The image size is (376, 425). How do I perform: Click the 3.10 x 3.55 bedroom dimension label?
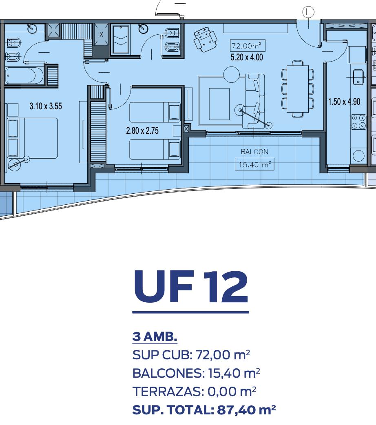click(x=46, y=106)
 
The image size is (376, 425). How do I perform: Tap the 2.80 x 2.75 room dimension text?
click(x=142, y=131)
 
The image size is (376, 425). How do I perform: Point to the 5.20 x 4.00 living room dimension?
click(x=247, y=57)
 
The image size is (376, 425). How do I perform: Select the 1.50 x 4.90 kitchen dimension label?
click(x=344, y=102)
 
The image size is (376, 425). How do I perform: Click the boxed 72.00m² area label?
click(x=248, y=46)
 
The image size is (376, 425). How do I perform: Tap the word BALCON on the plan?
click(x=254, y=152)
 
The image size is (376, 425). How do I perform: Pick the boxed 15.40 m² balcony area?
click(x=254, y=164)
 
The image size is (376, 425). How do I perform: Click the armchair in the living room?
click(x=206, y=39)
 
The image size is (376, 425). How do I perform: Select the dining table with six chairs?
click(x=298, y=89)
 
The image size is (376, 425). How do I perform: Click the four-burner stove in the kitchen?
click(x=358, y=122)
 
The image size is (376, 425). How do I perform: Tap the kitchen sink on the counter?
click(x=358, y=77)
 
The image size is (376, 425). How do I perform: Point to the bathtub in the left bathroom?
click(x=24, y=75)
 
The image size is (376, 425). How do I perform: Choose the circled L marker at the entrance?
click(x=308, y=12)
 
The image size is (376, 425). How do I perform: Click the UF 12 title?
click(x=191, y=286)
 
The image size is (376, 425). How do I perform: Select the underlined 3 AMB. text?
click(x=155, y=337)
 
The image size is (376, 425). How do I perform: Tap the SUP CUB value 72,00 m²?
click(x=223, y=355)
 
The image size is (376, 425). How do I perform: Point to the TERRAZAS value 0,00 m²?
click(x=232, y=392)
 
